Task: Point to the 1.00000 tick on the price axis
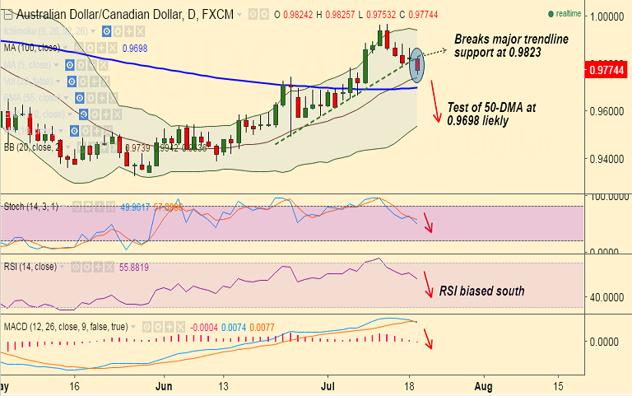(606, 16)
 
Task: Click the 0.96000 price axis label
(606, 110)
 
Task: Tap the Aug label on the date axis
(484, 385)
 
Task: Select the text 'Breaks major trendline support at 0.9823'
(510, 45)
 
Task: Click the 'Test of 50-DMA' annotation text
(490, 114)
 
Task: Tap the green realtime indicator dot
(551, 14)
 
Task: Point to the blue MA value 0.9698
(134, 49)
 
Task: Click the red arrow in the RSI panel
(426, 284)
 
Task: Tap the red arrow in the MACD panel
(426, 335)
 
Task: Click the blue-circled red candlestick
(418, 64)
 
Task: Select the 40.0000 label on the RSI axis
(606, 297)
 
